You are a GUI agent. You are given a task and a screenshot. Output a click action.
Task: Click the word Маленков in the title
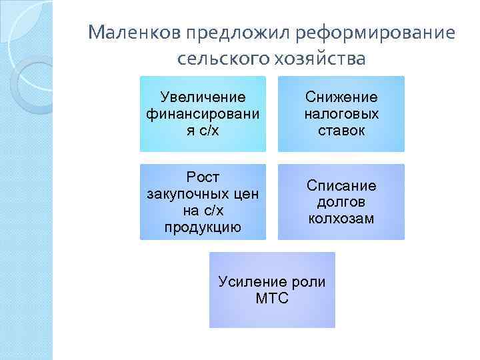click(x=135, y=32)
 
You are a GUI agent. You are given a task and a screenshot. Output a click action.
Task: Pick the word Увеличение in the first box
click(x=203, y=98)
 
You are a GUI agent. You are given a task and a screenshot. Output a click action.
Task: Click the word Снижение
click(x=341, y=98)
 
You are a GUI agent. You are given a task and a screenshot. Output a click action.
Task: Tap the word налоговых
click(x=341, y=114)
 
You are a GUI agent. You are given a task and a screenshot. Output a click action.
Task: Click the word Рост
click(x=203, y=177)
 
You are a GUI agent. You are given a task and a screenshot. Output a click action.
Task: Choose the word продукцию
click(x=203, y=227)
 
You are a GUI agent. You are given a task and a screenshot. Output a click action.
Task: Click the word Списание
click(x=341, y=185)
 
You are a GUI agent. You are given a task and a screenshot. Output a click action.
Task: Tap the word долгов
click(x=341, y=201)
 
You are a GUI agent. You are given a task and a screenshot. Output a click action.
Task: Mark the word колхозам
click(x=341, y=218)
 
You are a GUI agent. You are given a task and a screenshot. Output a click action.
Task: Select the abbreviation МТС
click(x=272, y=298)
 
